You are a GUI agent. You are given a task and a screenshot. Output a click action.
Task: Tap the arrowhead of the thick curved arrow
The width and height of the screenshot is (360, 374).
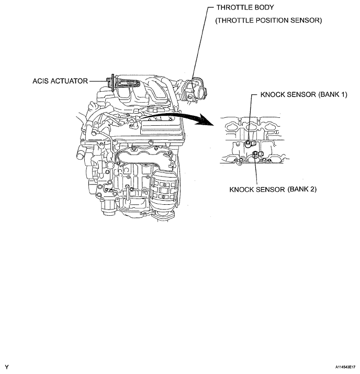pyautogui.click(x=212, y=124)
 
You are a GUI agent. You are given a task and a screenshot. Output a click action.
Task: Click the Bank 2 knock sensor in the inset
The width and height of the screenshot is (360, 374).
pyautogui.click(x=255, y=154)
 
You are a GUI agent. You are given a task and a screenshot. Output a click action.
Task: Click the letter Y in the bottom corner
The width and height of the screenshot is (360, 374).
pyautogui.click(x=6, y=367)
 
